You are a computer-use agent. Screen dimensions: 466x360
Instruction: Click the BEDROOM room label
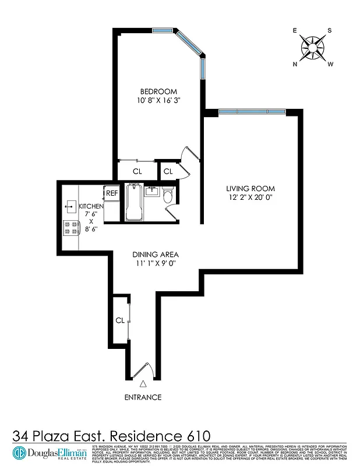[158, 91]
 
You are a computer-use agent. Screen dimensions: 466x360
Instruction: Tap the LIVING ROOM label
[250, 189]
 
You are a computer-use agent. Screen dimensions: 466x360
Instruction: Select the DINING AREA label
[155, 255]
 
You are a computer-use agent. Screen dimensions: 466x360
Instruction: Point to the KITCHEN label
[91, 206]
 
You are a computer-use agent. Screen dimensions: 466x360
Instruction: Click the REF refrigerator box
[112, 193]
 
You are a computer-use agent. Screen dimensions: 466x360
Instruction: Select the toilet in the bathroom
[168, 195]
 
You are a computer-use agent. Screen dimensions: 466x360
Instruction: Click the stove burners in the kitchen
[71, 228]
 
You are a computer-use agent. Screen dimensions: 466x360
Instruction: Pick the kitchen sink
[69, 204]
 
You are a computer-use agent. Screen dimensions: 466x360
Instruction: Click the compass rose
[313, 47]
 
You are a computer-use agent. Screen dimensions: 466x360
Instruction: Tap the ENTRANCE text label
[143, 397]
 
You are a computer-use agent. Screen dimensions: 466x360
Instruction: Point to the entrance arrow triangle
[143, 383]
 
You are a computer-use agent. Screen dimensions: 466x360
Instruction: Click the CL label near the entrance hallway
[119, 320]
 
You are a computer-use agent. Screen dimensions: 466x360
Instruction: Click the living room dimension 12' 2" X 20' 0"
[250, 197]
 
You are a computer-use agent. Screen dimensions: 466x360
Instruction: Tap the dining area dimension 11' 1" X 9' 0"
[154, 263]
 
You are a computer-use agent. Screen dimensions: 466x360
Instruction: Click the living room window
[252, 111]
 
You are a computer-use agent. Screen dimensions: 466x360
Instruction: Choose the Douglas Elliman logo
[50, 453]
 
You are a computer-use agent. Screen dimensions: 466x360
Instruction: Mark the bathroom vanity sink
[151, 190]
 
